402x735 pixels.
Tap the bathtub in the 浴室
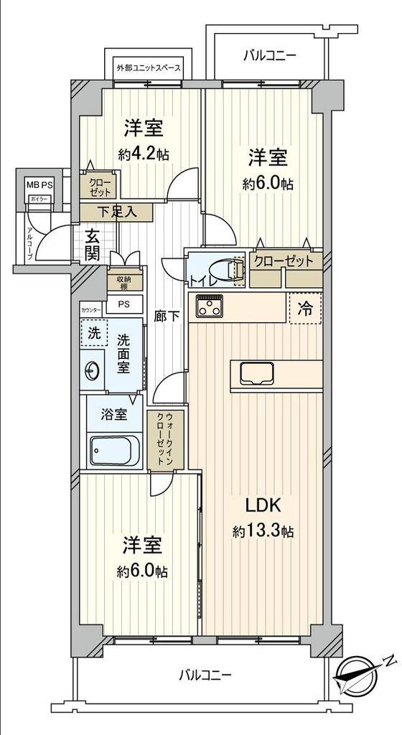point(114,450)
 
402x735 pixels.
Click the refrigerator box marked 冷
point(305,309)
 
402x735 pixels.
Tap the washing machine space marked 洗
point(94,333)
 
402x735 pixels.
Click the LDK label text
point(263,505)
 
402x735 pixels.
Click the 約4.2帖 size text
point(144,154)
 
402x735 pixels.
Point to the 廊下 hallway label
point(167,315)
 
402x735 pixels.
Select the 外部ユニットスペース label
point(149,69)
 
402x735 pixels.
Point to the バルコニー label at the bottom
point(205,675)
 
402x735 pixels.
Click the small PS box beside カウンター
point(125,304)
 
